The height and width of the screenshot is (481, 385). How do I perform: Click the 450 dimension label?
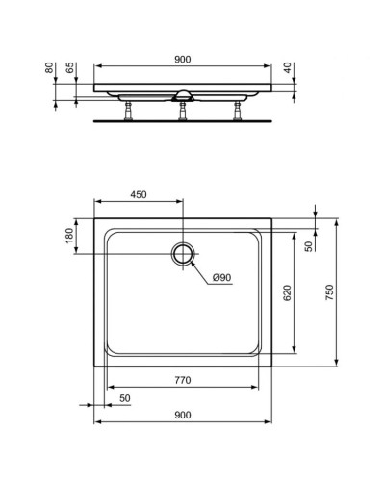click(x=138, y=195)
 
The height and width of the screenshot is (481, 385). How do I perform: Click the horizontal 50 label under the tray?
click(x=124, y=399)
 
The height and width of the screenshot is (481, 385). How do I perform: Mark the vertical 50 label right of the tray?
click(x=307, y=246)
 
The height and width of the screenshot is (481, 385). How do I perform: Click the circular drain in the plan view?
click(x=183, y=254)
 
